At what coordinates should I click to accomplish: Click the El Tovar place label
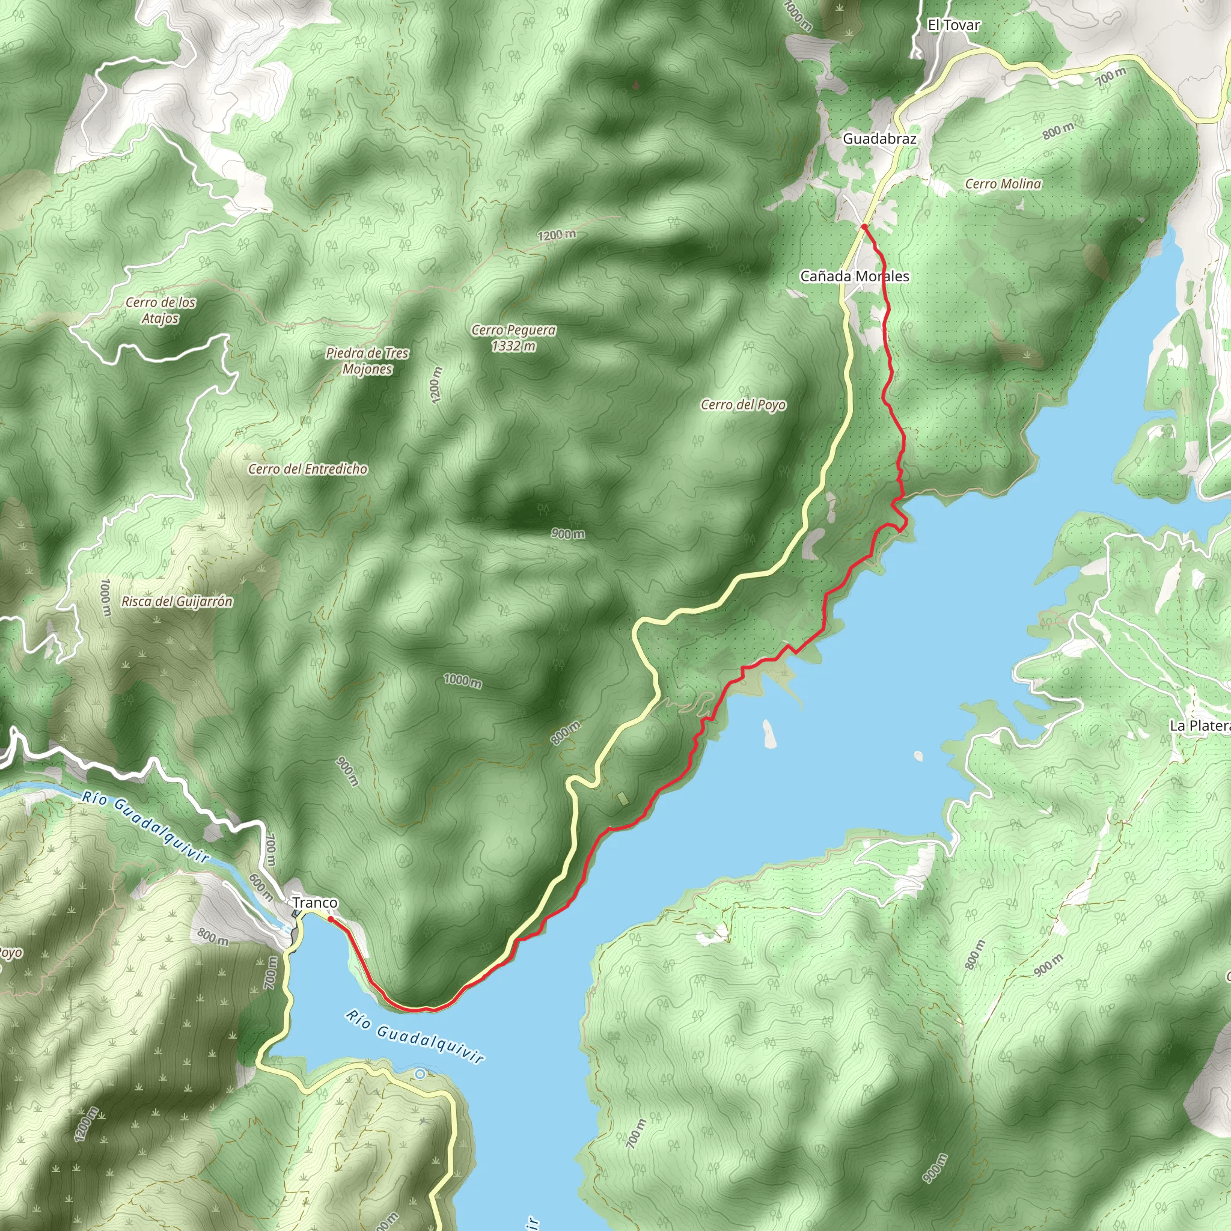[x=953, y=25]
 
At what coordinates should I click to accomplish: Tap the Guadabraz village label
[x=879, y=138]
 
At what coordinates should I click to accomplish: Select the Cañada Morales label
[x=855, y=276]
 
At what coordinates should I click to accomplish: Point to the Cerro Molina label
[x=1003, y=183]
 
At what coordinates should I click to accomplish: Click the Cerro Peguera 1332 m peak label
[x=513, y=338]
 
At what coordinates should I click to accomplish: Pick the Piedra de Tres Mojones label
[x=367, y=361]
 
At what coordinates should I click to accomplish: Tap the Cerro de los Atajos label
[x=160, y=310]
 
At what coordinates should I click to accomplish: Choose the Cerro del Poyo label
[x=743, y=405]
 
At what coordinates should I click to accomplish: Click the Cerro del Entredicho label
[x=308, y=469]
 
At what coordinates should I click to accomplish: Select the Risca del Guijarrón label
[x=177, y=601]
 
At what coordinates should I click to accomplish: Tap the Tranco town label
[x=315, y=903]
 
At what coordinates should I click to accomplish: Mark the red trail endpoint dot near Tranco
[x=330, y=919]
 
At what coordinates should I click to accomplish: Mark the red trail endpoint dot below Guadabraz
[x=864, y=226]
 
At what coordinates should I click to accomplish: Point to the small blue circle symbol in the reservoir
[x=420, y=1074]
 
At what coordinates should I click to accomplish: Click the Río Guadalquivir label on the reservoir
[x=415, y=1036]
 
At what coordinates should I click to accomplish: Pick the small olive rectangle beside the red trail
[x=623, y=798]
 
